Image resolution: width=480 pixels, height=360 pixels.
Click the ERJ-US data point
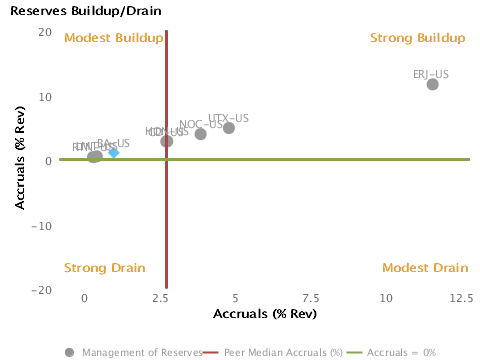[432, 84]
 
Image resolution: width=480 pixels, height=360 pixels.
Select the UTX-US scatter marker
[229, 128]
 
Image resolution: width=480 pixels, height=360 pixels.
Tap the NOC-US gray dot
[201, 134]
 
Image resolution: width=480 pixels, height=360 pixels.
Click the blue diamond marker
[114, 152]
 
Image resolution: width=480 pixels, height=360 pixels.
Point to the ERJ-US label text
[431, 74]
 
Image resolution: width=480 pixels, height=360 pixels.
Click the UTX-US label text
[229, 118]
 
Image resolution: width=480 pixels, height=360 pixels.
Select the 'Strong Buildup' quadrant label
[418, 38]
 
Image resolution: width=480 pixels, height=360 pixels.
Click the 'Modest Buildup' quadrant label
[113, 38]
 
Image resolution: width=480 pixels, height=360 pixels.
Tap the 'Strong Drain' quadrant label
[105, 268]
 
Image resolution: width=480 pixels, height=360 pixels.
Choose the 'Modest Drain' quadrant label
[425, 268]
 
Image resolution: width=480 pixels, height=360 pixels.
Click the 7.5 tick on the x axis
[310, 298]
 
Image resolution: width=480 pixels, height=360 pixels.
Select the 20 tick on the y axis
[45, 32]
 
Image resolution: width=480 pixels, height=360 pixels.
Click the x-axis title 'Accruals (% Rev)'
[265, 314]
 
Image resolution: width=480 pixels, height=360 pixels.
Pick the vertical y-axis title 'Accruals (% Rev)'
[20, 160]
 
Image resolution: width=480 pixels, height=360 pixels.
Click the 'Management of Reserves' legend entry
[132, 352]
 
